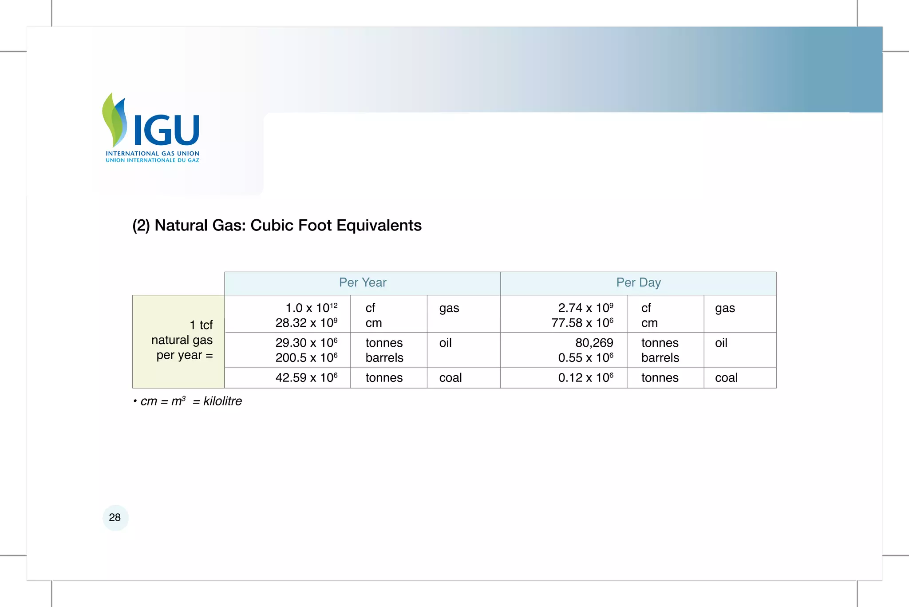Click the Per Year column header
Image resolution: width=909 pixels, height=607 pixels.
click(x=363, y=283)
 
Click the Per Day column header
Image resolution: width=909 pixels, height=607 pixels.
click(x=638, y=283)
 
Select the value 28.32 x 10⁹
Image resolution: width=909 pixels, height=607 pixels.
click(x=306, y=323)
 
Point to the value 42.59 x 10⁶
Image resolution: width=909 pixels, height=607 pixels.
click(x=306, y=378)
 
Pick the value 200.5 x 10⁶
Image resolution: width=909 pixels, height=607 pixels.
click(x=306, y=358)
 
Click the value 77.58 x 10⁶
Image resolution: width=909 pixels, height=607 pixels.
click(x=582, y=323)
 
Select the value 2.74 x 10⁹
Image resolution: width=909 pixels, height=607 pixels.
click(x=585, y=308)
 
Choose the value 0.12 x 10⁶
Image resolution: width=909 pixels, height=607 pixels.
click(x=585, y=378)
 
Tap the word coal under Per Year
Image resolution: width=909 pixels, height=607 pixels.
click(x=450, y=378)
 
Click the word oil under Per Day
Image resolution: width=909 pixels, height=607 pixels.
click(x=721, y=343)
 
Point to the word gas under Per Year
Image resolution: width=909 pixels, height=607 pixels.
click(x=449, y=308)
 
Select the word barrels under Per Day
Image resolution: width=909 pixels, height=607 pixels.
click(x=660, y=358)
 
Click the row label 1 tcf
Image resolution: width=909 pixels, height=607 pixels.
click(x=201, y=325)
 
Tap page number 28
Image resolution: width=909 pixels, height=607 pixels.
click(x=115, y=517)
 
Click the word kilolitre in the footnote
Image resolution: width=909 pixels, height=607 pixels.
click(x=222, y=401)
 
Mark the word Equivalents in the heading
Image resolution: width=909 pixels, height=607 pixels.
click(x=379, y=226)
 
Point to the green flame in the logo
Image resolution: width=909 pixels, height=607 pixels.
click(x=111, y=120)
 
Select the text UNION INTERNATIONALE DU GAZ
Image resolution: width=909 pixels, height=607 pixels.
click(x=152, y=160)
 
